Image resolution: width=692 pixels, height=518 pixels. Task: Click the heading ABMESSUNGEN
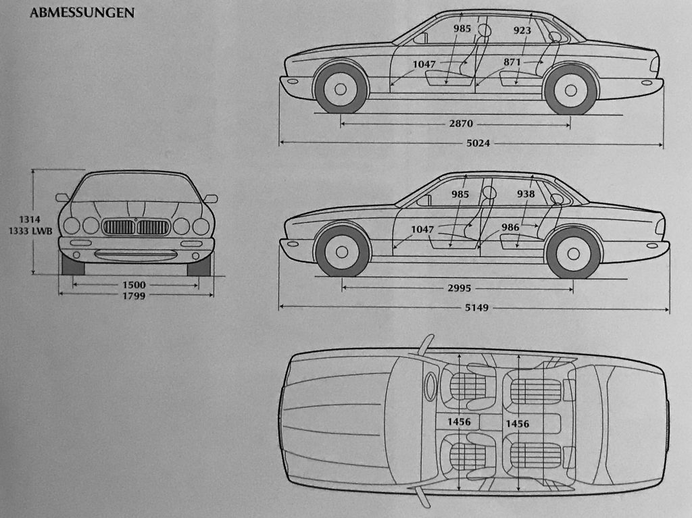(82, 13)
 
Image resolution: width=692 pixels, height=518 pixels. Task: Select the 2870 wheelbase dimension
(461, 124)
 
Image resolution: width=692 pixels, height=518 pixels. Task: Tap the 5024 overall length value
(478, 143)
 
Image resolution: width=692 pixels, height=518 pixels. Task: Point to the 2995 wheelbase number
(460, 288)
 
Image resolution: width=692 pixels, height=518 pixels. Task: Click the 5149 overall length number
(476, 307)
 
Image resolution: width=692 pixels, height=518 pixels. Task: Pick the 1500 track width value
(134, 285)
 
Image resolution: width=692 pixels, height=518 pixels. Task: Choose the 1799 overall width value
(134, 296)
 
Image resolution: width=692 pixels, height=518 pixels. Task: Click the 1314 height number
(30, 219)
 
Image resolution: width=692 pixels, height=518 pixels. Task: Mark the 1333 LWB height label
(30, 231)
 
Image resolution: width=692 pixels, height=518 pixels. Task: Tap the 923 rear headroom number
(522, 30)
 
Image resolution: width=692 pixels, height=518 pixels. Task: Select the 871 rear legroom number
(512, 62)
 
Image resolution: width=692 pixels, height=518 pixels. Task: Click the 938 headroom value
(526, 194)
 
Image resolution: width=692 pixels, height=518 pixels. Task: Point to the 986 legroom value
(510, 227)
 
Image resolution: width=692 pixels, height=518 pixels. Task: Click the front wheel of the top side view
(341, 88)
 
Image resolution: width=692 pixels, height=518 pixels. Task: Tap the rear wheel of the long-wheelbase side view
(573, 253)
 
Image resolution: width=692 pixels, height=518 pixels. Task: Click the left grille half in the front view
(119, 227)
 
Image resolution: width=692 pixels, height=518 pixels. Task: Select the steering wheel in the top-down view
(430, 386)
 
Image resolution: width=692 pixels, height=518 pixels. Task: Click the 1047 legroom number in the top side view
(424, 64)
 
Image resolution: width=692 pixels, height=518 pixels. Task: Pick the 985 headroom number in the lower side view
(460, 194)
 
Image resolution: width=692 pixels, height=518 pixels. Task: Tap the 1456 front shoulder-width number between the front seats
(459, 422)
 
